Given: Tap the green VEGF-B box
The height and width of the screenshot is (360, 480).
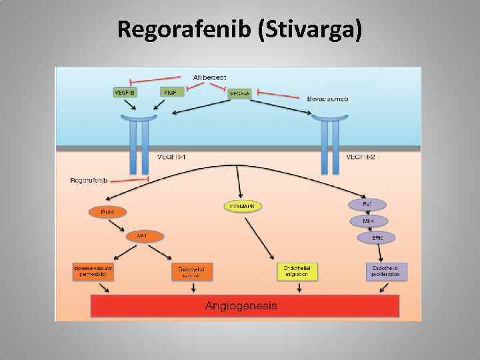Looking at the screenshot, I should coord(124,93).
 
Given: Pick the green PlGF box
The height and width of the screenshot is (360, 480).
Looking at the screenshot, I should coord(170,93).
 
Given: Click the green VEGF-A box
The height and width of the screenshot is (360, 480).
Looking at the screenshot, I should coord(240,95).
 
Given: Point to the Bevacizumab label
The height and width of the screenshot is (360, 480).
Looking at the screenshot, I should coord(328,99).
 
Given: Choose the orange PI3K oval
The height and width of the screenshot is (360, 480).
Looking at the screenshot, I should coord(107,212).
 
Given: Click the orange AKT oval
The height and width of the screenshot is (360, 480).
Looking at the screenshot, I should coord(142,236).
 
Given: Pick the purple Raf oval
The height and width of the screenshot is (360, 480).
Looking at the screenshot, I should coord(367,203).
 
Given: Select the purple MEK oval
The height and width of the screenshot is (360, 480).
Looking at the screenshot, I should coord(367,220).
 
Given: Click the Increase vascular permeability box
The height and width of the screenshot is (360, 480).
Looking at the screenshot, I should coord(93,270).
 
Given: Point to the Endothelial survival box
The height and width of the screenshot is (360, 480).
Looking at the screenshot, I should coord(191,271).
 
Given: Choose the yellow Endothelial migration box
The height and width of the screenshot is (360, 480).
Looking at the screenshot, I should coord(296,271).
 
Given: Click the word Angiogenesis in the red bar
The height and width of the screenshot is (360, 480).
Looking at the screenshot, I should coord(241,306).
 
